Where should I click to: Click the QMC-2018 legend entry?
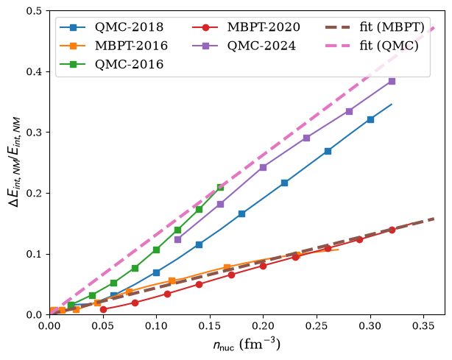pyautogui.click(x=112, y=27)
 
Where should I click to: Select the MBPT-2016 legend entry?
pyautogui.click(x=113, y=46)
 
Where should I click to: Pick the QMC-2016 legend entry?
pyautogui.click(x=112, y=64)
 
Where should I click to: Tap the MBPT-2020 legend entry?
pyautogui.click(x=246, y=27)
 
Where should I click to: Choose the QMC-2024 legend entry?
pyautogui.click(x=244, y=46)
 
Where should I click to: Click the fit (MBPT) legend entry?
pyautogui.click(x=375, y=27)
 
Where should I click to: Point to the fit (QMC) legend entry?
pyautogui.click(x=372, y=46)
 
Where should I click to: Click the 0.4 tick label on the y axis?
pyautogui.click(x=34, y=71)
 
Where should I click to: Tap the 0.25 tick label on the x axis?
pyautogui.click(x=317, y=325)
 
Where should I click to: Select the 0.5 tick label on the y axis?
pyautogui.click(x=34, y=10)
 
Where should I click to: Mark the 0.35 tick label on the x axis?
pyautogui.click(x=423, y=325)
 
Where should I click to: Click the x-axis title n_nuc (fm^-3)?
pyautogui.click(x=247, y=344)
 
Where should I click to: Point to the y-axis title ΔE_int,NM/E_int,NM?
pyautogui.click(x=15, y=162)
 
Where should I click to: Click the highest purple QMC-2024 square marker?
pyautogui.click(x=392, y=81)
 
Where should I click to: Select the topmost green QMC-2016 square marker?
pyautogui.click(x=220, y=187)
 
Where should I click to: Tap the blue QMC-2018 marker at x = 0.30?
pyautogui.click(x=370, y=119)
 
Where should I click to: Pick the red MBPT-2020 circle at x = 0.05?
pyautogui.click(x=103, y=309)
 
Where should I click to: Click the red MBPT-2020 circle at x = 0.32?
pyautogui.click(x=392, y=230)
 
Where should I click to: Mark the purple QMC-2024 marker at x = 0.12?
pyautogui.click(x=178, y=239)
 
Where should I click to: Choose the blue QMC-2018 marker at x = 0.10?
pyautogui.click(x=156, y=272)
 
